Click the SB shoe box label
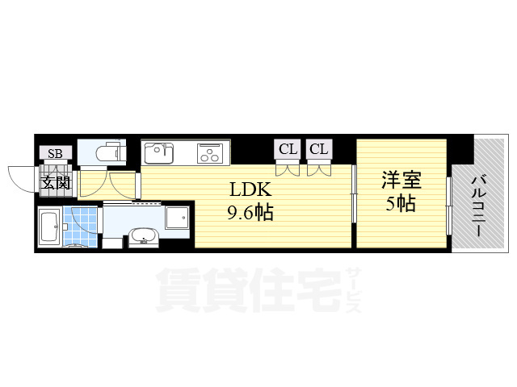(x=56, y=153)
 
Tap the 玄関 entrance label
(x=56, y=182)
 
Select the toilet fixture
(x=108, y=152)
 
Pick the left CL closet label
(x=287, y=148)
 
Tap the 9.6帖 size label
(x=250, y=214)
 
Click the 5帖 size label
(x=401, y=204)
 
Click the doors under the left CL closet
(x=286, y=169)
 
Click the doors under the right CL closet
(x=318, y=169)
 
